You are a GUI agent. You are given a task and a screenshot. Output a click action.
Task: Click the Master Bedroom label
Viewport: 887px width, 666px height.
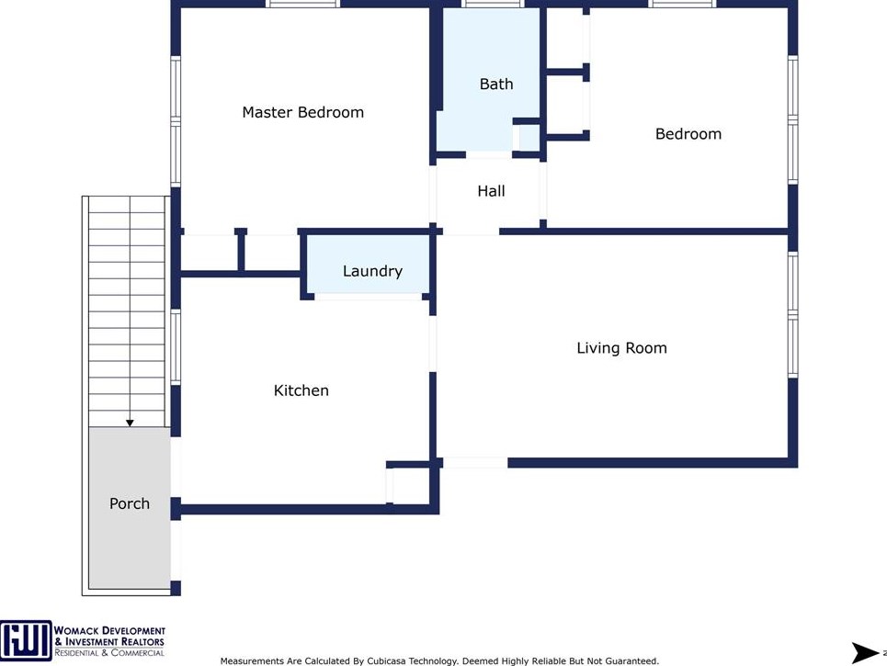[302, 112]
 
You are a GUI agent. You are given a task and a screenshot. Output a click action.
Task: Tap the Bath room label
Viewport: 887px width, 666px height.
[496, 85]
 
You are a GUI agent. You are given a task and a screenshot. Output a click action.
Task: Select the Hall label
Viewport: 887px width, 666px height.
[491, 191]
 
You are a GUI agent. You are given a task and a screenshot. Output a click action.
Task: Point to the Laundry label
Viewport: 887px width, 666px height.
[372, 271]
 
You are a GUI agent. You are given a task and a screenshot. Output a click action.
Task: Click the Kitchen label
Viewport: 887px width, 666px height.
[301, 390]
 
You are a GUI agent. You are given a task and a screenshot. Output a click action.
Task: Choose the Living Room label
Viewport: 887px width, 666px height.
[621, 348]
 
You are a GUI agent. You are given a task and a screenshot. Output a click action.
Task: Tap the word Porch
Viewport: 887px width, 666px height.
[130, 503]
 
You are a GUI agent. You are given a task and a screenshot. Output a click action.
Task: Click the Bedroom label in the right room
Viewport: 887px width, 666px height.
[688, 134]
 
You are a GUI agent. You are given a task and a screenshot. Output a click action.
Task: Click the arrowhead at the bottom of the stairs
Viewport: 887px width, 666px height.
[130, 423]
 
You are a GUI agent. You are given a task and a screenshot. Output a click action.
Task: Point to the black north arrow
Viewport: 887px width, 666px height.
[866, 652]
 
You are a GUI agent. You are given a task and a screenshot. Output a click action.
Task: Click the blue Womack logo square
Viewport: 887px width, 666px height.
[26, 640]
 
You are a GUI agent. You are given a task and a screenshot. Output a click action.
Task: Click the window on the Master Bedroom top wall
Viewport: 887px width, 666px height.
[302, 4]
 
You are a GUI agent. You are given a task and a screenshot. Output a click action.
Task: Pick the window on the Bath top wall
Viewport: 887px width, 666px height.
[492, 4]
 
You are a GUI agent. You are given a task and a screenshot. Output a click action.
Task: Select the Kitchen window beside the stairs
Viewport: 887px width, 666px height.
[176, 346]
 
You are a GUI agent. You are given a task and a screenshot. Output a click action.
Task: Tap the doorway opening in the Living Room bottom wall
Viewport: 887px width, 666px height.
[475, 462]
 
